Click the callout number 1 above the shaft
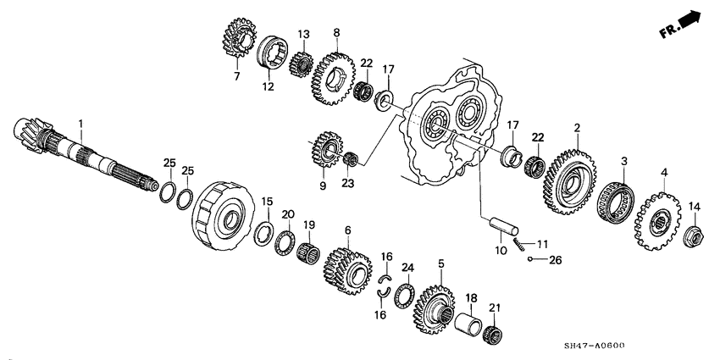coord(81,124)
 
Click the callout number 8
coord(336,33)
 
